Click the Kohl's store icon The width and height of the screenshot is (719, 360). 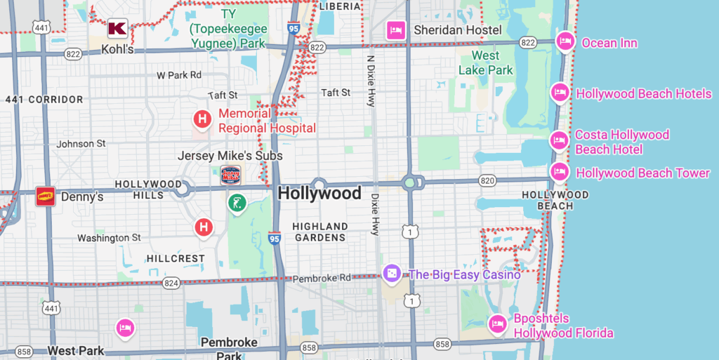click(x=117, y=29)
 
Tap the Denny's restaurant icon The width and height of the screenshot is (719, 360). click(x=46, y=196)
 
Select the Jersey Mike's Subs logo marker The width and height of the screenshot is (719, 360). click(x=230, y=174)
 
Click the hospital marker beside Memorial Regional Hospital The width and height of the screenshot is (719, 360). click(x=202, y=120)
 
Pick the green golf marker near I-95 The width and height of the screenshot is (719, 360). click(x=237, y=204)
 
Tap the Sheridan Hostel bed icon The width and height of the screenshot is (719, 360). click(x=396, y=30)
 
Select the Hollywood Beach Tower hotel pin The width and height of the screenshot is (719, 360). click(x=559, y=171)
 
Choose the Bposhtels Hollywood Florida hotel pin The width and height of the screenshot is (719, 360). click(x=498, y=324)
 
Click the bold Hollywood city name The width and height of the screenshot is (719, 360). click(x=319, y=194)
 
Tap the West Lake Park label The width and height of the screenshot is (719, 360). click(x=485, y=63)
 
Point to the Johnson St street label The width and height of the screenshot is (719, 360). click(x=81, y=144)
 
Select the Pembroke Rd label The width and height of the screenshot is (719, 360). click(x=322, y=278)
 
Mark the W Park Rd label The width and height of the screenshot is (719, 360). click(x=179, y=74)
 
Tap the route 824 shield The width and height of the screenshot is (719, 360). click(x=171, y=282)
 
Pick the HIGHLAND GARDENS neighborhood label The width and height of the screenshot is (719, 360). click(x=320, y=232)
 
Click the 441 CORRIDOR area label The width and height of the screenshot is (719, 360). click(x=44, y=100)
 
